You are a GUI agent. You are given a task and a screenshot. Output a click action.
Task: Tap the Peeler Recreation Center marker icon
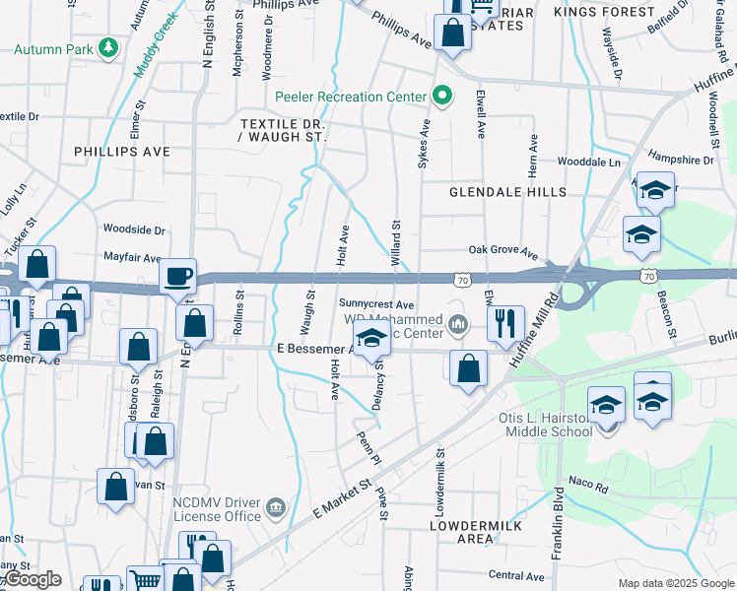tap(443, 96)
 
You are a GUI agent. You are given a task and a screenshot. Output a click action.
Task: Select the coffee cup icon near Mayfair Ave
tap(178, 276)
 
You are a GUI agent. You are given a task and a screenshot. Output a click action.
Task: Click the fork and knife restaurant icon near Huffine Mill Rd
tap(505, 322)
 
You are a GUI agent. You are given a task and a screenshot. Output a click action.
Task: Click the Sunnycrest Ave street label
tap(376, 303)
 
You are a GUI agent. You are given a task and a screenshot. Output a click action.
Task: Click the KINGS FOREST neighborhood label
tap(604, 12)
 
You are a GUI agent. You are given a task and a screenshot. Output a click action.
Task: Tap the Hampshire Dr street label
tap(681, 160)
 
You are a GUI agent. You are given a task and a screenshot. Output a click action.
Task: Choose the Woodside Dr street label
tap(134, 230)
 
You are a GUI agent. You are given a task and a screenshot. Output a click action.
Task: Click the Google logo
tap(33, 580)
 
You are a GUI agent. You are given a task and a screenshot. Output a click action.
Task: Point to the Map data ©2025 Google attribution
tap(675, 583)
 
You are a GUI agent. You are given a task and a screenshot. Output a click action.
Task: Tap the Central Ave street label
tap(516, 576)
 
